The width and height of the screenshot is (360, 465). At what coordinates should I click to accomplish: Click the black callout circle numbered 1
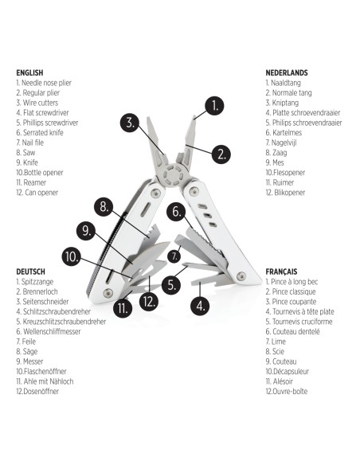click(214, 106)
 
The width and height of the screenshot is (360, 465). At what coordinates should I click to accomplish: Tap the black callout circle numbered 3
click(130, 123)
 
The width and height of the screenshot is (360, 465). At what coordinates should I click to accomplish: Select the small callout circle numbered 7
click(174, 256)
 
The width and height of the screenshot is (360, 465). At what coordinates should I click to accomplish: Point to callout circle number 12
click(149, 301)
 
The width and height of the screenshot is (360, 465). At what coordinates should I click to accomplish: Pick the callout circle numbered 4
click(200, 306)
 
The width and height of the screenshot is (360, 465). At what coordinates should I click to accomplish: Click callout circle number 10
click(72, 257)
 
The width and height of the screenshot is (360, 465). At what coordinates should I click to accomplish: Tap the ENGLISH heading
click(29, 72)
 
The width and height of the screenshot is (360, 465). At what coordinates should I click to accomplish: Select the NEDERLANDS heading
click(287, 72)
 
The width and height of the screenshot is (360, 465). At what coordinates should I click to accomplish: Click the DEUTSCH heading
click(31, 272)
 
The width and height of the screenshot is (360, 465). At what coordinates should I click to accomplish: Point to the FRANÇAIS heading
click(281, 272)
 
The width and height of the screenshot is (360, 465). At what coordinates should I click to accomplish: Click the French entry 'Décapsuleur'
click(288, 371)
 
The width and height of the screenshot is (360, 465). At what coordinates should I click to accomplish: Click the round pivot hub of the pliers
click(173, 175)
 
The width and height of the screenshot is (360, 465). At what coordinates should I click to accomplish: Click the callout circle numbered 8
click(104, 206)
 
